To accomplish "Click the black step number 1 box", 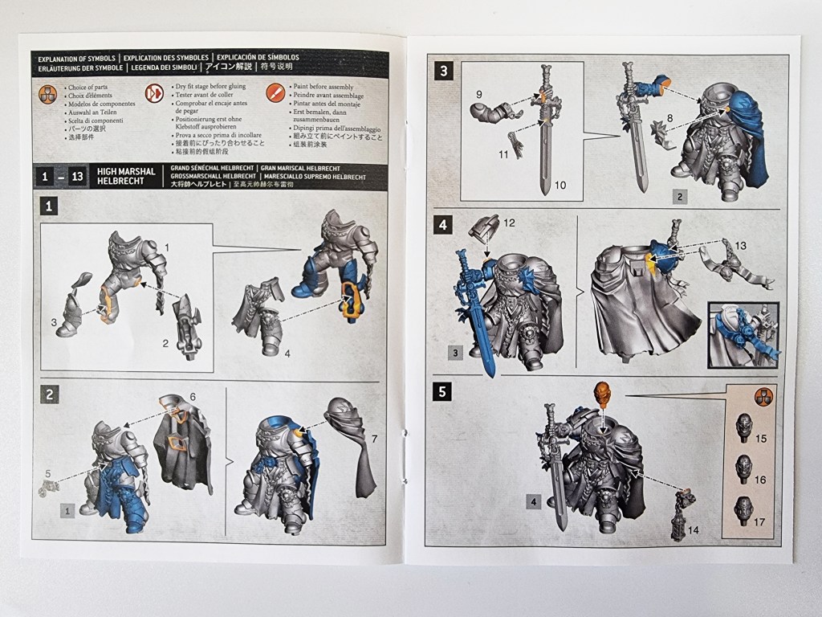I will [x=51, y=206].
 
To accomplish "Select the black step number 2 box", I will [x=51, y=394].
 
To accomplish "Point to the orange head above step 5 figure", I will [x=603, y=395].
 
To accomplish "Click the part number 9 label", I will [x=478, y=94].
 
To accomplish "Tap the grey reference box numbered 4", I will [x=532, y=502].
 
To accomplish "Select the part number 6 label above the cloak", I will [x=192, y=398].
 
